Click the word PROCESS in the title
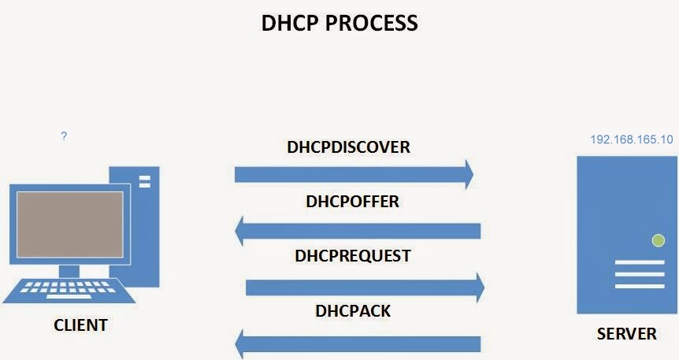[373, 23]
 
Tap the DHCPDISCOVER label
[349, 147]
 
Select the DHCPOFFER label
[352, 202]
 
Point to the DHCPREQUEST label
[352, 256]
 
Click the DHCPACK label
[353, 310]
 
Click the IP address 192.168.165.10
[632, 139]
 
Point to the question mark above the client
[64, 136]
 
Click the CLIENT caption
[80, 325]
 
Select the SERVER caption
[627, 334]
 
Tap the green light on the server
[658, 240]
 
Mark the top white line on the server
[639, 262]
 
